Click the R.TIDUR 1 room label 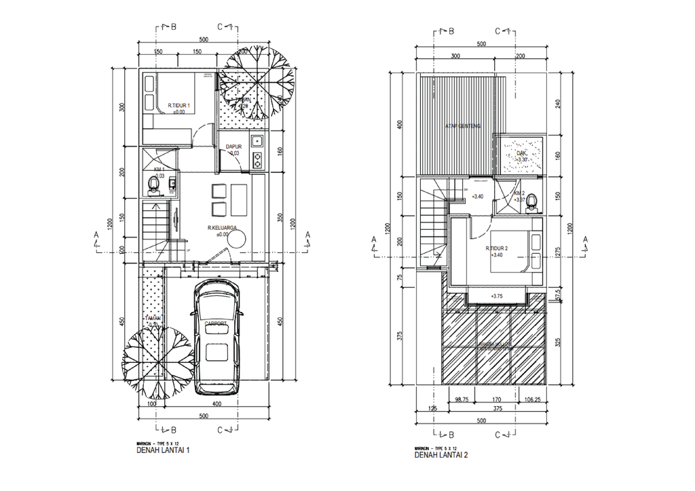click(179, 106)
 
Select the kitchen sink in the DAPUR click(257, 142)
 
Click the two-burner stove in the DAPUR click(257, 161)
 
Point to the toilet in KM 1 click(154, 183)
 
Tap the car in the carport click(216, 338)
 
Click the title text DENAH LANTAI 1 click(164, 450)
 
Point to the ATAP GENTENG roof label click(464, 126)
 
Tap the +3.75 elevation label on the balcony click(495, 296)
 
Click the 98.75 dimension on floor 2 click(463, 400)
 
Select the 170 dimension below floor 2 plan click(497, 400)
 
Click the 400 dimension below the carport click(216, 404)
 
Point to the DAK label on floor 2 click(521, 153)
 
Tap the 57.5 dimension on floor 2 click(557, 297)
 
